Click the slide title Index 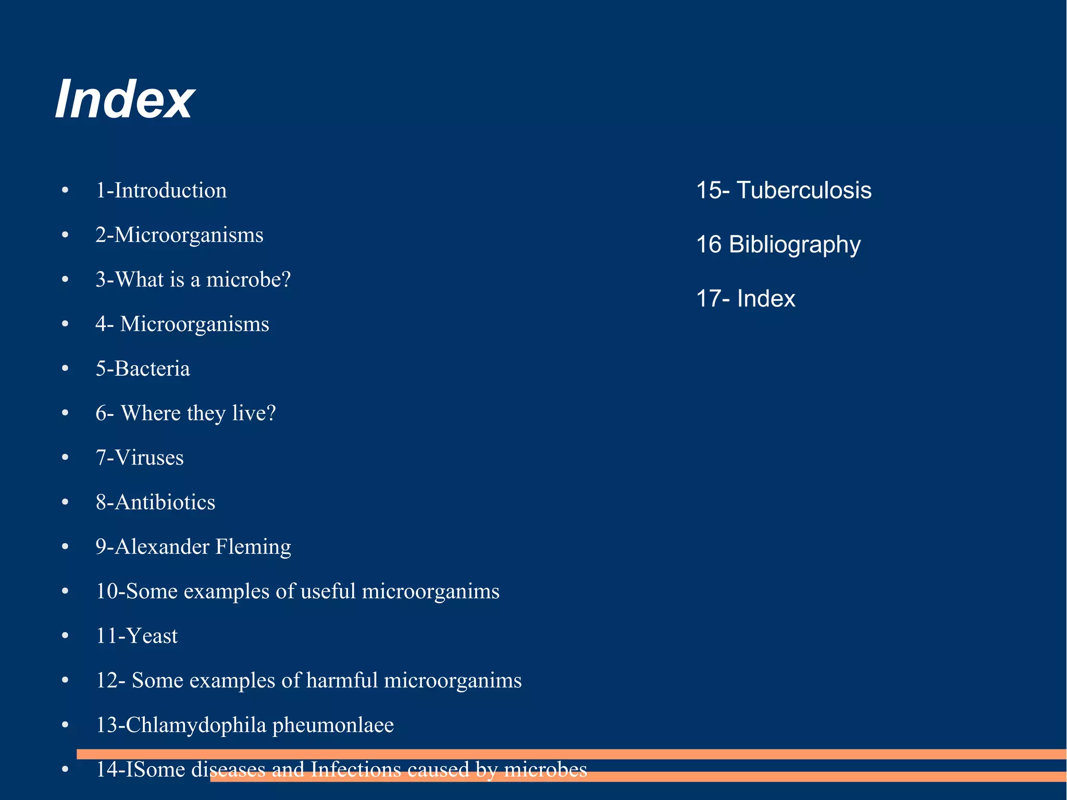125,99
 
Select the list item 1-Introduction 161,190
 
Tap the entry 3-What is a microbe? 193,280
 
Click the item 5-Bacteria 143,369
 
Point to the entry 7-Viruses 140,458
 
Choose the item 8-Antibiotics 155,502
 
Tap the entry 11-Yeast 137,636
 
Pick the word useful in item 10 328,592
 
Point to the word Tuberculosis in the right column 804,190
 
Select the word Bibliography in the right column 795,244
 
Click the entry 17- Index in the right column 746,299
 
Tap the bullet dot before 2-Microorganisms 65,236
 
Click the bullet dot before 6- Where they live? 65,414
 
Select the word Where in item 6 151,413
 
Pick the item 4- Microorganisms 182,324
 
